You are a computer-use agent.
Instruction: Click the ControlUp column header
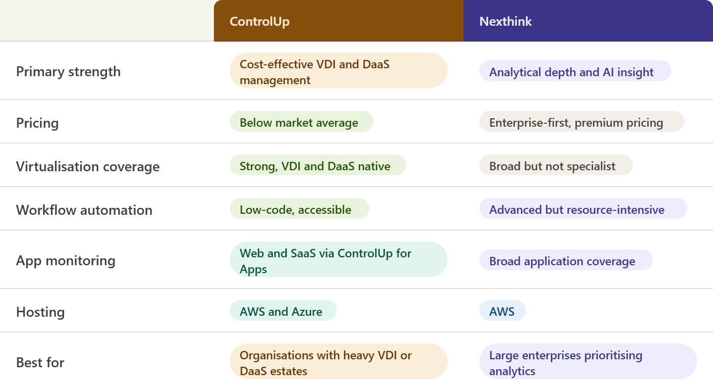[x=259, y=21]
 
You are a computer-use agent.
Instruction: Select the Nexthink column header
[x=506, y=21]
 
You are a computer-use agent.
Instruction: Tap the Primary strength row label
[x=68, y=72]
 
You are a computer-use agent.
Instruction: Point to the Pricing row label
[x=37, y=123]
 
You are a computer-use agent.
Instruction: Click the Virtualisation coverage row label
[x=88, y=166]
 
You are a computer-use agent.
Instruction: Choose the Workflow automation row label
[x=84, y=210]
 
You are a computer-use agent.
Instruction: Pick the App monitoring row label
[x=65, y=260]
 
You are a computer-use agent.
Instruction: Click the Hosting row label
[x=41, y=312]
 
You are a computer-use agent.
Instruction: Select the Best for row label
[x=40, y=363]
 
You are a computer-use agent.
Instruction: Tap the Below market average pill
[x=302, y=121]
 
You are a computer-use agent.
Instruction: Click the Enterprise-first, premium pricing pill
[x=581, y=121]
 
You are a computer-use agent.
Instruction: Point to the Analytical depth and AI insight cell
[x=575, y=71]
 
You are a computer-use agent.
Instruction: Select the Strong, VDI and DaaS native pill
[x=318, y=165]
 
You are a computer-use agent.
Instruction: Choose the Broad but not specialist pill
[x=556, y=165]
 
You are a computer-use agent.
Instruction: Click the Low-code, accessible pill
[x=299, y=208]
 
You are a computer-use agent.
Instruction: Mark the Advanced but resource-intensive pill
[x=583, y=208]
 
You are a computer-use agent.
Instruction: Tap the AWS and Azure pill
[x=283, y=310]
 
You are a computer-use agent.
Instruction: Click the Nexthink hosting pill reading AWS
[x=502, y=310]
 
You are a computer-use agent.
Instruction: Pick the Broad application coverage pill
[x=565, y=260]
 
